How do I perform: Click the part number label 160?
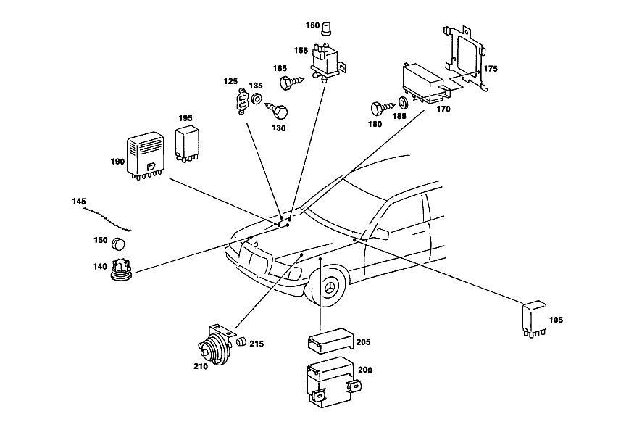point(312,25)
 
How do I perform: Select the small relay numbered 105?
point(534,319)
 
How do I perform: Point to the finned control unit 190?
point(146,156)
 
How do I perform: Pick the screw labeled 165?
point(292,82)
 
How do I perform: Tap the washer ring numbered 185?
point(402,102)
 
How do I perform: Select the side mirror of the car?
point(380,233)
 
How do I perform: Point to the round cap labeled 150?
point(118,244)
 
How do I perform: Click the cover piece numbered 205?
point(330,340)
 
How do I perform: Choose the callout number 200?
point(364,370)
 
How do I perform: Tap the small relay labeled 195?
point(187,144)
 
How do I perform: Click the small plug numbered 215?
point(241,341)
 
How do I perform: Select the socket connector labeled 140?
point(121,270)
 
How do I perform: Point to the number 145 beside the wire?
point(79,202)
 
